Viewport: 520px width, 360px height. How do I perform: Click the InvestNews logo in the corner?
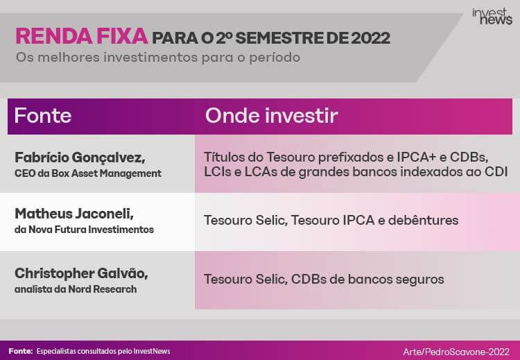492,17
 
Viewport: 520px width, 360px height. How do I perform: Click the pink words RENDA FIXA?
82,36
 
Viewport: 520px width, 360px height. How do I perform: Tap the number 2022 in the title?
370,38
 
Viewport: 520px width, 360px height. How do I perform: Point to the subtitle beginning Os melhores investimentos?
158,57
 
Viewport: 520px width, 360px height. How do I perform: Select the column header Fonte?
43,115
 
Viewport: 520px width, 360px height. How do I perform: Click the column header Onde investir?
271,115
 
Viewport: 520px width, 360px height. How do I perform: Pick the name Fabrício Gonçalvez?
80,158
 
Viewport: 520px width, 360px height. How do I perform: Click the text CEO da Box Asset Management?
88,173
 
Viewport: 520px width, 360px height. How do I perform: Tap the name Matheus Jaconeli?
74,214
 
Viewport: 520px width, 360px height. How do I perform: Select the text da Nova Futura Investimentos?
84,230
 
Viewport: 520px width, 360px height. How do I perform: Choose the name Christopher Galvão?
81,274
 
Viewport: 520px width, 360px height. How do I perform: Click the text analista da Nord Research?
76,289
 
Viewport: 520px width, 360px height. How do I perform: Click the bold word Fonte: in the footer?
21,351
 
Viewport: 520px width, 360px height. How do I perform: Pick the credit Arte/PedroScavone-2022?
456,352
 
